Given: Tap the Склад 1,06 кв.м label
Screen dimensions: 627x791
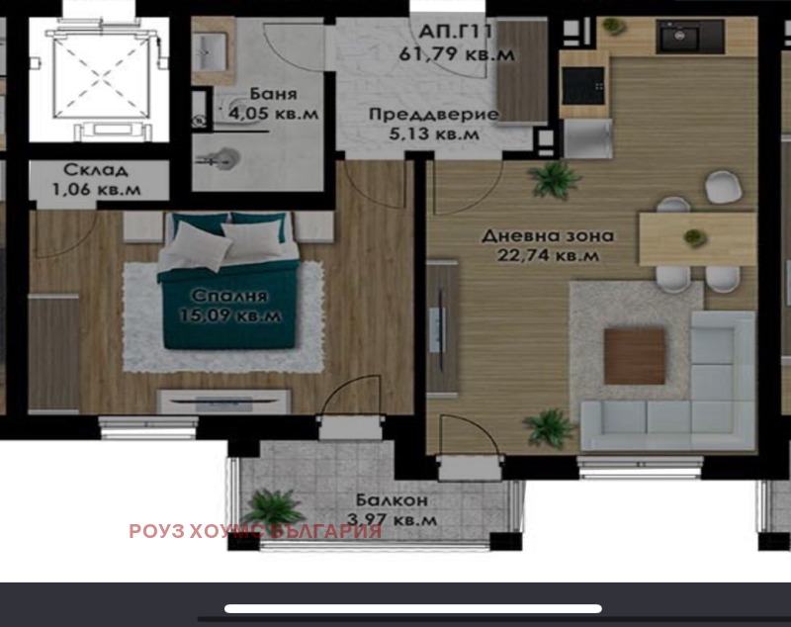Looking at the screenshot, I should click(96, 178).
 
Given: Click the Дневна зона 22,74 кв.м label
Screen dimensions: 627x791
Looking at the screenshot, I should click(548, 246).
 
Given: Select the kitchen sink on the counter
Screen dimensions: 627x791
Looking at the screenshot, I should click(680, 38).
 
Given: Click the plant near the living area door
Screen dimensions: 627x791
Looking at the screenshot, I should click(554, 180).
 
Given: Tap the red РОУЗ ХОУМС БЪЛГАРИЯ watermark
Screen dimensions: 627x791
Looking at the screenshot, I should click(255, 531).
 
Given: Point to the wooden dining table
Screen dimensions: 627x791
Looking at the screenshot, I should click(696, 238).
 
